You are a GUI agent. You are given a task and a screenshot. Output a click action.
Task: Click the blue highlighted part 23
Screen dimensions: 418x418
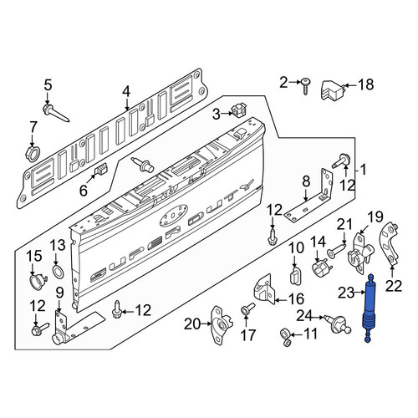370,307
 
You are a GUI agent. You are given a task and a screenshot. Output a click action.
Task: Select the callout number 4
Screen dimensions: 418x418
126,92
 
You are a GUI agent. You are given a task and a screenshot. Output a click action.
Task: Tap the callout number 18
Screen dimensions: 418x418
365,84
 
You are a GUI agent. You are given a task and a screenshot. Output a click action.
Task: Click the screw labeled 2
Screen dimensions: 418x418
306,84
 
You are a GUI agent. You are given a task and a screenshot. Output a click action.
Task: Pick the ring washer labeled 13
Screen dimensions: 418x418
58,272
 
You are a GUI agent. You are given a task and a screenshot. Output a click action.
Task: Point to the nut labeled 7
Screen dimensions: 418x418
33,153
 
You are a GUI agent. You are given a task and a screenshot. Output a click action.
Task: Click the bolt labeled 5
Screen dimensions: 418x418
55,113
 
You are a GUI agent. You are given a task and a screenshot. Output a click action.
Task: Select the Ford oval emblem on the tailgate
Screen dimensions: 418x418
174,215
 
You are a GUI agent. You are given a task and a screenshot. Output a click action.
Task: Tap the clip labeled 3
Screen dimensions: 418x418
239,110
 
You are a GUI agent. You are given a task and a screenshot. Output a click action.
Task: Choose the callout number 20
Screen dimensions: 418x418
192,324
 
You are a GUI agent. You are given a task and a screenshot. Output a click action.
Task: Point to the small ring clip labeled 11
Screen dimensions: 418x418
286,336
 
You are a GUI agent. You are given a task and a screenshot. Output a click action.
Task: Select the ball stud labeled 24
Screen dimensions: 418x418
338,324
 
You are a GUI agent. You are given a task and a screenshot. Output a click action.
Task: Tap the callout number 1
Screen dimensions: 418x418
363,170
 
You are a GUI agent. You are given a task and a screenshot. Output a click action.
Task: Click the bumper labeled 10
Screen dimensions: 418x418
295,276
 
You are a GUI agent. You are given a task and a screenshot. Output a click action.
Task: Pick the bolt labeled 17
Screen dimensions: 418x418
247,309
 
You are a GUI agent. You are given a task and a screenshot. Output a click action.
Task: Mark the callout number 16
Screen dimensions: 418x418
297,299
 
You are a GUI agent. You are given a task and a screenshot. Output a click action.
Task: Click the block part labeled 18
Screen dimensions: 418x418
333,89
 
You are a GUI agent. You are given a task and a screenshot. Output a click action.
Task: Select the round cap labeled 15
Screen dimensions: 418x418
37,282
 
